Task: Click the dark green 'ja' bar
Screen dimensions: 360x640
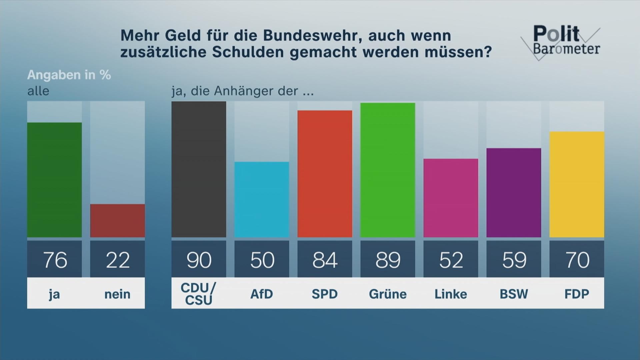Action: pyautogui.click(x=54, y=180)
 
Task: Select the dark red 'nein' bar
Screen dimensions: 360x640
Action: pyautogui.click(x=117, y=221)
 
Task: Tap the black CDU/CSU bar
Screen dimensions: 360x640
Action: pyautogui.click(x=199, y=169)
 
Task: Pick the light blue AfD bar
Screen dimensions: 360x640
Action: pyautogui.click(x=262, y=199)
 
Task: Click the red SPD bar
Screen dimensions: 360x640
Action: pyautogui.click(x=325, y=174)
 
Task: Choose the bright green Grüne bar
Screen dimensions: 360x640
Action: pyautogui.click(x=388, y=170)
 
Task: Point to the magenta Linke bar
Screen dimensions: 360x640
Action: pyautogui.click(x=451, y=198)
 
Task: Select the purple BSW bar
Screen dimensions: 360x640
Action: pyautogui.click(x=514, y=193)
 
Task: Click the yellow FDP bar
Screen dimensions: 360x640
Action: pyautogui.click(x=577, y=184)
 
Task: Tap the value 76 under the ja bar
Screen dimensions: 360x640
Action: pyautogui.click(x=55, y=260)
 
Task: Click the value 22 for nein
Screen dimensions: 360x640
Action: pyautogui.click(x=117, y=260)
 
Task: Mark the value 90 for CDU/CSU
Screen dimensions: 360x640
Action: pyautogui.click(x=199, y=260)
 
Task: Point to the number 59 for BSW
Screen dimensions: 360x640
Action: pyautogui.click(x=514, y=260)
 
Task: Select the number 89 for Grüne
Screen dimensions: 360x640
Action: pyautogui.click(x=388, y=260)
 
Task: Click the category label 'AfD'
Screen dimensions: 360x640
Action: pyautogui.click(x=262, y=294)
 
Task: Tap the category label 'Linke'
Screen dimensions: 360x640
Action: pyautogui.click(x=451, y=294)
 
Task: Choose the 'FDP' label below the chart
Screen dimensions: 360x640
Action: pyautogui.click(x=577, y=294)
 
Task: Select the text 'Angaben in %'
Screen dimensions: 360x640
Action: pyautogui.click(x=69, y=75)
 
